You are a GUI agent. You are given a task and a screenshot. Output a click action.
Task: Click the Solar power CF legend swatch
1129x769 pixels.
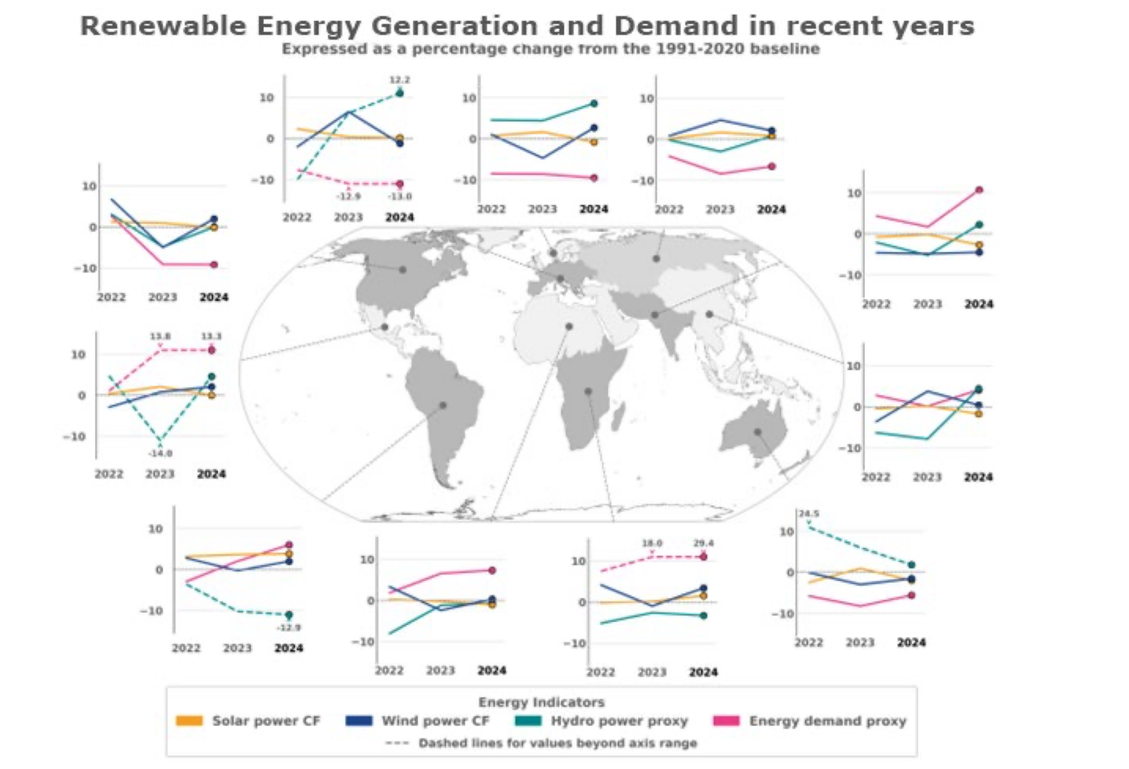coord(189,720)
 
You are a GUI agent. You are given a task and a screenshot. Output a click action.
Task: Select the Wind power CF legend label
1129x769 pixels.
coord(435,720)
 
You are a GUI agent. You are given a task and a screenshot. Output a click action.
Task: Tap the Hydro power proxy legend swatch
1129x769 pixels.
coord(528,720)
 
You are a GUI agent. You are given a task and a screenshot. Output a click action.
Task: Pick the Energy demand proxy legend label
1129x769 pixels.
coord(827,720)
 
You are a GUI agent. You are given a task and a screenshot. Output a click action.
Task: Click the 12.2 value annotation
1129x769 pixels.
coord(400,80)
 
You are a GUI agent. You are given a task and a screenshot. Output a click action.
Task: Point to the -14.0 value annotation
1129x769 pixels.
coord(160,453)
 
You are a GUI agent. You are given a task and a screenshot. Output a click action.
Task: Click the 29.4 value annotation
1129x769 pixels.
coord(703,543)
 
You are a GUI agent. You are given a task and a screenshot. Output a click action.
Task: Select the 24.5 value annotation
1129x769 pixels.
coord(809,514)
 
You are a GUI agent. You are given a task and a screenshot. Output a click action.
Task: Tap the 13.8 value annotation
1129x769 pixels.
coord(160,336)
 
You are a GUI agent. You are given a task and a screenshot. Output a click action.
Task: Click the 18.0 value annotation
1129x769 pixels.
coord(652,543)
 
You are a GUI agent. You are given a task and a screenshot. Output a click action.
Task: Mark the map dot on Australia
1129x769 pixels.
coord(757,432)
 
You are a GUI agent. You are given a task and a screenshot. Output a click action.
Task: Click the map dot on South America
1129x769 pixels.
coord(443,405)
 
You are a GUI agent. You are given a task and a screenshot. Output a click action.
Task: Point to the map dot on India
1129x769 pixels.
coord(655,315)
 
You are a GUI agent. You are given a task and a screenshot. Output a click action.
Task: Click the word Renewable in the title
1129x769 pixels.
coord(163,26)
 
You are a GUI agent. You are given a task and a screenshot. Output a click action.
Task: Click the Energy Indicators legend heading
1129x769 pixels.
coord(541,702)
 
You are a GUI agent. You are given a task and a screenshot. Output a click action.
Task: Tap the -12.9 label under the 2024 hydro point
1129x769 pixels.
coord(289,627)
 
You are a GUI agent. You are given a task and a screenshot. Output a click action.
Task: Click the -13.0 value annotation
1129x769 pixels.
coord(400,196)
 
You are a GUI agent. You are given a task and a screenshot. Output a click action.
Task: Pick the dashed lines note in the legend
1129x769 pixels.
coord(557,743)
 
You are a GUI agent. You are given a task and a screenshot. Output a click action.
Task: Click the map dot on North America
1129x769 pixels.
coord(402,270)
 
